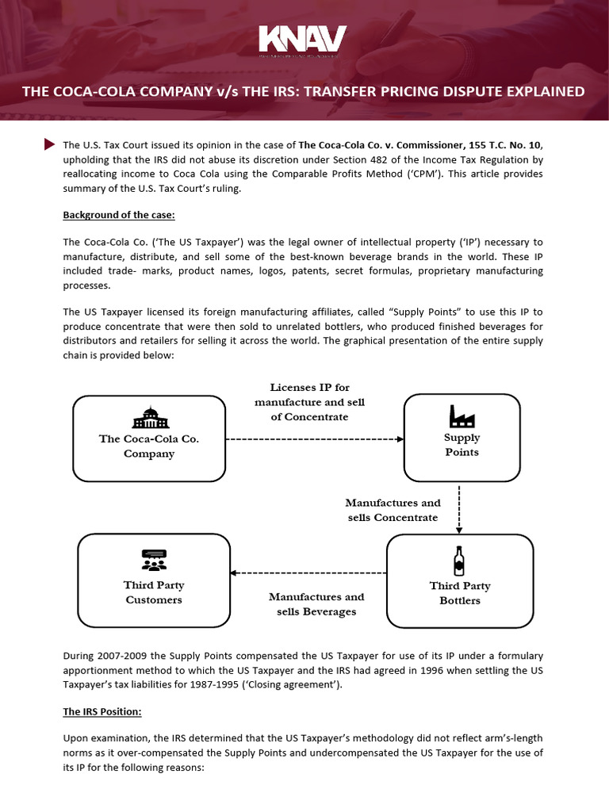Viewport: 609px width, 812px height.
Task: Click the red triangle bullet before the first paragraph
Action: pyautogui.click(x=49, y=144)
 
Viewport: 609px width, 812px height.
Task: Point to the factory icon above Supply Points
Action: pyautogui.click(x=462, y=415)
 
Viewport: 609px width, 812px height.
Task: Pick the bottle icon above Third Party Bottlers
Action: pyautogui.click(x=459, y=561)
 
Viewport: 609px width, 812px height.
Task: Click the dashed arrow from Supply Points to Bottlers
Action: pyautogui.click(x=460, y=509)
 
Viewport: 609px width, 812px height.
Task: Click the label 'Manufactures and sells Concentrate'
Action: pyautogui.click(x=393, y=510)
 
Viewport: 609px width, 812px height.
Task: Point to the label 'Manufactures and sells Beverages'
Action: pyautogui.click(x=316, y=603)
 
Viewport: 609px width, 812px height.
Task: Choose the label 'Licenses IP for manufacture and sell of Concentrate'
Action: pyautogui.click(x=309, y=402)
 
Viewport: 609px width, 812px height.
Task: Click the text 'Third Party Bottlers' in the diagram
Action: pyautogui.click(x=460, y=593)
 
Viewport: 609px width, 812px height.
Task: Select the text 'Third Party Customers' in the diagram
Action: pyautogui.click(x=154, y=592)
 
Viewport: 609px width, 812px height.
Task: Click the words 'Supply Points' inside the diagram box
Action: pyautogui.click(x=462, y=444)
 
